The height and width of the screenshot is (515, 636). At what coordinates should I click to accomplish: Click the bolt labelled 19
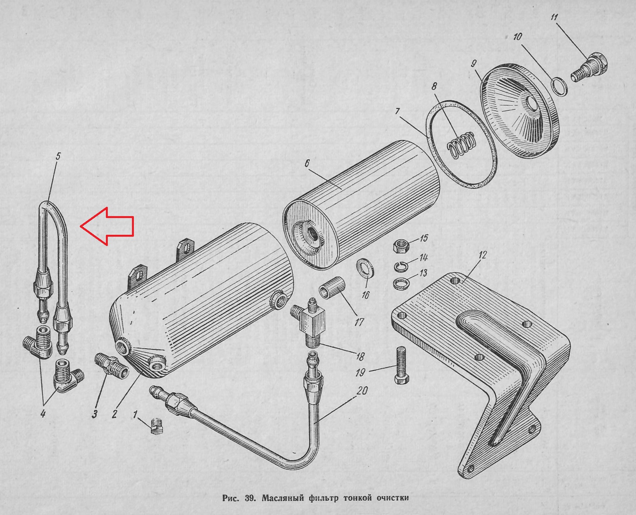point(401,365)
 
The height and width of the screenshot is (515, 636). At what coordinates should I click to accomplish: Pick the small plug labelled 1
point(157,426)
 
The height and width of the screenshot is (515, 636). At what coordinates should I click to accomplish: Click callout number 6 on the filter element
point(307,164)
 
